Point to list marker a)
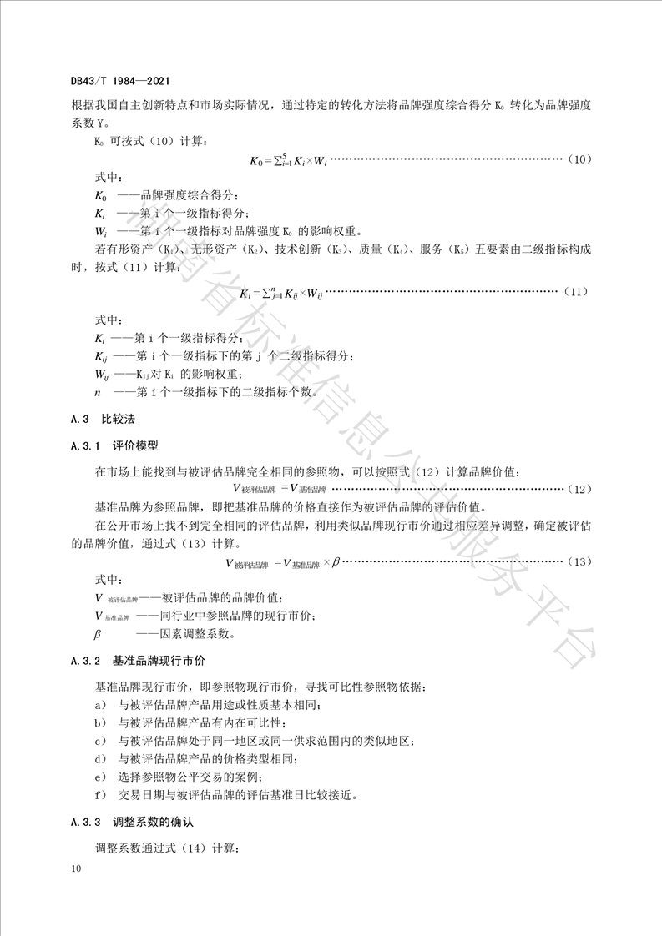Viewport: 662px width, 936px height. [100, 705]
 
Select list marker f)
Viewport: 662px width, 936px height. [100, 794]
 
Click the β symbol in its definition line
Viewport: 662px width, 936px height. [98, 633]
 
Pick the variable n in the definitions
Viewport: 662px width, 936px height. [98, 391]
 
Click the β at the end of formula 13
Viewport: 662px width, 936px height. [336, 562]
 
